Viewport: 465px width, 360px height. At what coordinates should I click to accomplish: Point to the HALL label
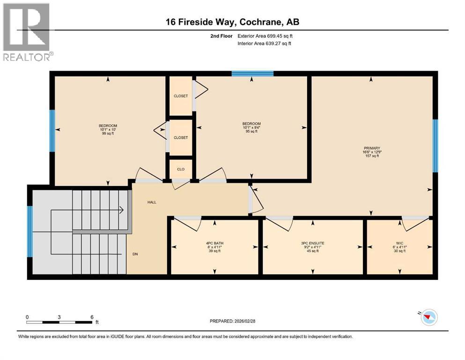tap(152, 202)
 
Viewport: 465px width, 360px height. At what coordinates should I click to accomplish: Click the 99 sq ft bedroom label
tap(108, 129)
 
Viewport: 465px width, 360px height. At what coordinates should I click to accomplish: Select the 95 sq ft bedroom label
tap(251, 127)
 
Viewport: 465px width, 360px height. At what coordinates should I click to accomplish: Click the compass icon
tap(428, 318)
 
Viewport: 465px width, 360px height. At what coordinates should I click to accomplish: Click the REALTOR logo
tap(27, 32)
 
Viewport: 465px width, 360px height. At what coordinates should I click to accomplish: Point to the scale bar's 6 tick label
tap(92, 317)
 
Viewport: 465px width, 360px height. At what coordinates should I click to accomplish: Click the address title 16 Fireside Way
tap(232, 22)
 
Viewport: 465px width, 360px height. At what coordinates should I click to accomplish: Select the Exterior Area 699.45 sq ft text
tap(266, 36)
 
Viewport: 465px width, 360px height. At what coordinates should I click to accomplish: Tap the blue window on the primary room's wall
tap(435, 145)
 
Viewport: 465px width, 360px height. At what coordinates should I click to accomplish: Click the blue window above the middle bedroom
tap(252, 73)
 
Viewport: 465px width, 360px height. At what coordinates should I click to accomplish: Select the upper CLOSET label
tap(180, 96)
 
